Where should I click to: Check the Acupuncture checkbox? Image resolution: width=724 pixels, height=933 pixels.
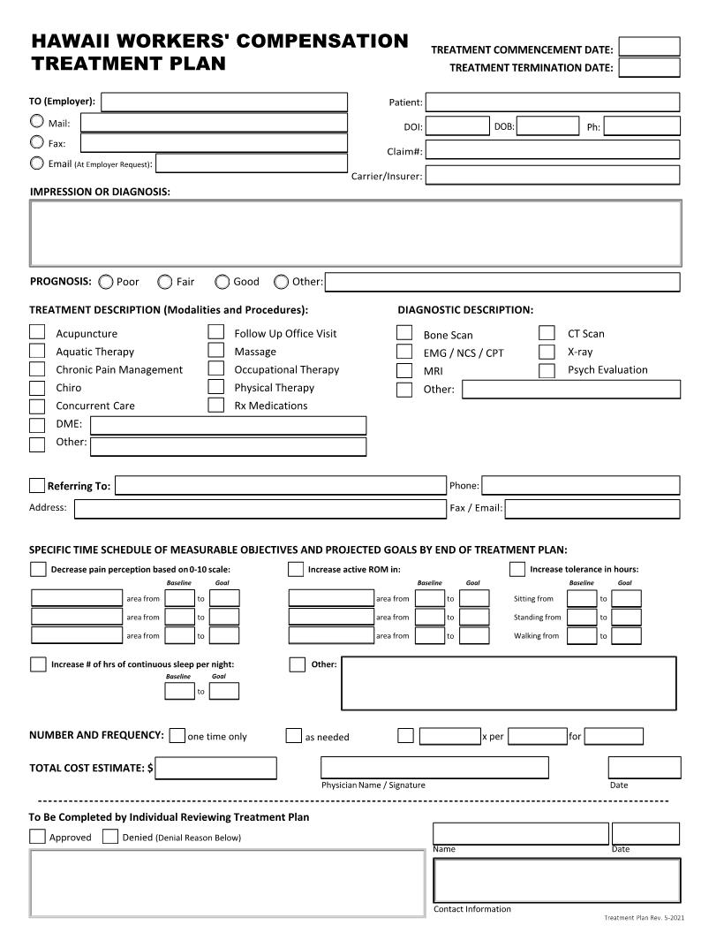pos(37,332)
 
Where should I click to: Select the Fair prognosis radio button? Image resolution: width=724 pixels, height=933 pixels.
pos(165,282)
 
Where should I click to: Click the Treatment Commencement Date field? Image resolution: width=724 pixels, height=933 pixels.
pos(649,47)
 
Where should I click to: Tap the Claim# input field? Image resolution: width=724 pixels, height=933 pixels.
pos(553,150)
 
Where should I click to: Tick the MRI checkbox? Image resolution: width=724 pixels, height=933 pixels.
pos(404,371)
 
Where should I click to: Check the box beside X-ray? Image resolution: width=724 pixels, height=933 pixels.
pos(547,352)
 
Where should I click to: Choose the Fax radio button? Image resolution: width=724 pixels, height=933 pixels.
pos(37,142)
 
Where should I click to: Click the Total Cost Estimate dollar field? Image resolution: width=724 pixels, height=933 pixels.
pos(215,768)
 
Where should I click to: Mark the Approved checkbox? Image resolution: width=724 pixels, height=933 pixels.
pos(38,837)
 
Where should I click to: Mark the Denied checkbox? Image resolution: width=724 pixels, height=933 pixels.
pos(110,837)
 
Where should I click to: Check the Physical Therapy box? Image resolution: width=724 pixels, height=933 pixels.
pos(216,387)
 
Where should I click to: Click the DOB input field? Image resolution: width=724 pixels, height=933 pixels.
pos(547,126)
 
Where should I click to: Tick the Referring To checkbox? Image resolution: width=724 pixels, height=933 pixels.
pos(37,485)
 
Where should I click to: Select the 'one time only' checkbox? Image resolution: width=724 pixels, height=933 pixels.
pos(177,736)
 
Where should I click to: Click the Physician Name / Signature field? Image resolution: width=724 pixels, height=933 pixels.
pos(435,768)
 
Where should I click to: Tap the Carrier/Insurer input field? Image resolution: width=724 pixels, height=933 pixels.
pos(553,175)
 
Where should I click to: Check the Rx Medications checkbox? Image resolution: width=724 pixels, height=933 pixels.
pos(216,406)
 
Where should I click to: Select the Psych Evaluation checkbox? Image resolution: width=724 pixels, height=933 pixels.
pos(547,370)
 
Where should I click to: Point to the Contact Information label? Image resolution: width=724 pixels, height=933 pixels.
pos(472,909)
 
